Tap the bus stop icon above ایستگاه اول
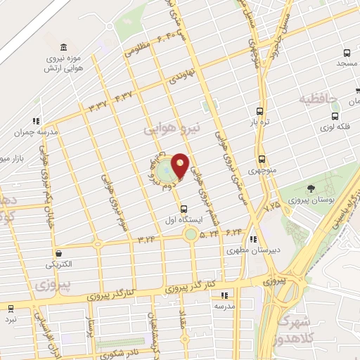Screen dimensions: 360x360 (184, 208)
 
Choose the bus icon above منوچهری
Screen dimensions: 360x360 (262, 159)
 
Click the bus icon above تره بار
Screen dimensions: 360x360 (260, 111)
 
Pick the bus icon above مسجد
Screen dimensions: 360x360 (347, 53)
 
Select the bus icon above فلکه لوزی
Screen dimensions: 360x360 (336, 117)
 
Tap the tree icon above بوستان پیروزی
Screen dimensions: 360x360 (311, 187)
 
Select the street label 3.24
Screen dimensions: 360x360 (146, 239)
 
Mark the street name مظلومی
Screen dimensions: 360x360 (139, 51)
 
